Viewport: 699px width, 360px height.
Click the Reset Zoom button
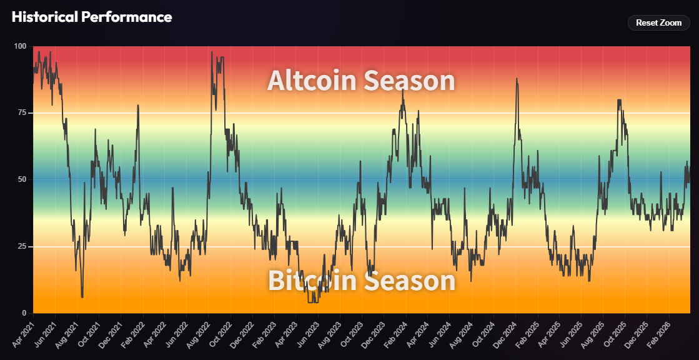tap(658, 22)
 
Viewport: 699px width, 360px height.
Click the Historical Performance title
tap(91, 17)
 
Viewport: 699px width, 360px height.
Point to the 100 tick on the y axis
tap(20, 46)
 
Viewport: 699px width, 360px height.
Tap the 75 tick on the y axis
tap(22, 113)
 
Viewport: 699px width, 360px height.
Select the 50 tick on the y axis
tap(22, 180)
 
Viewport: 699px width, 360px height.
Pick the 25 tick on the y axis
tap(22, 247)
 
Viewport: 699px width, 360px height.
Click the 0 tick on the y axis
tap(24, 313)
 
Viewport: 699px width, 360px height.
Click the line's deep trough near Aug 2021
tap(82, 297)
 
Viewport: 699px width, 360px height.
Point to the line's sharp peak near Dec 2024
tap(517, 79)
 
